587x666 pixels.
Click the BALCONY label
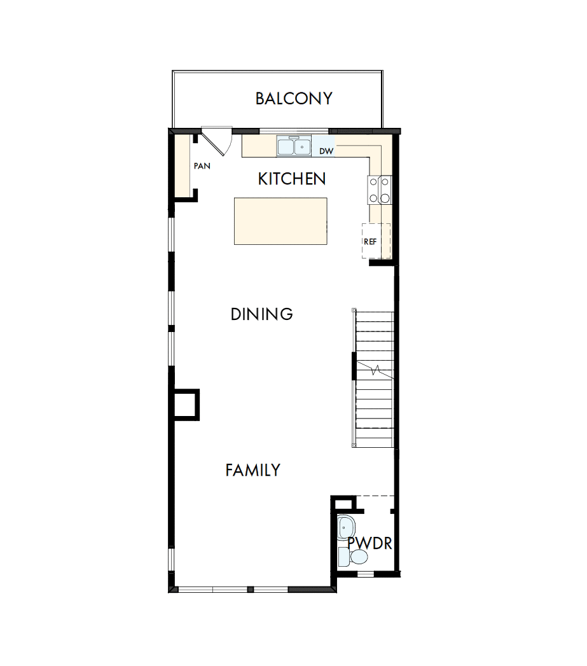(x=294, y=99)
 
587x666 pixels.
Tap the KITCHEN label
(x=292, y=179)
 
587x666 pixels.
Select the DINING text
(x=261, y=314)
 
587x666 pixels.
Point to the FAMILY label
(x=252, y=471)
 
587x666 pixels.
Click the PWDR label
(x=369, y=544)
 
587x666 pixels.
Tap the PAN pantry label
(x=202, y=166)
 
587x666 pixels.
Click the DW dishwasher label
(x=326, y=151)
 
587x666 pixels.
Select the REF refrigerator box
(x=375, y=241)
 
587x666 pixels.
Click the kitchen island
(x=280, y=221)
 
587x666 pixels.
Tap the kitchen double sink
(x=293, y=147)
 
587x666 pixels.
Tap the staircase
(x=374, y=378)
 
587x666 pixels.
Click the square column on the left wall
(x=187, y=405)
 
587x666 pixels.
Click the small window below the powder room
(x=365, y=574)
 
